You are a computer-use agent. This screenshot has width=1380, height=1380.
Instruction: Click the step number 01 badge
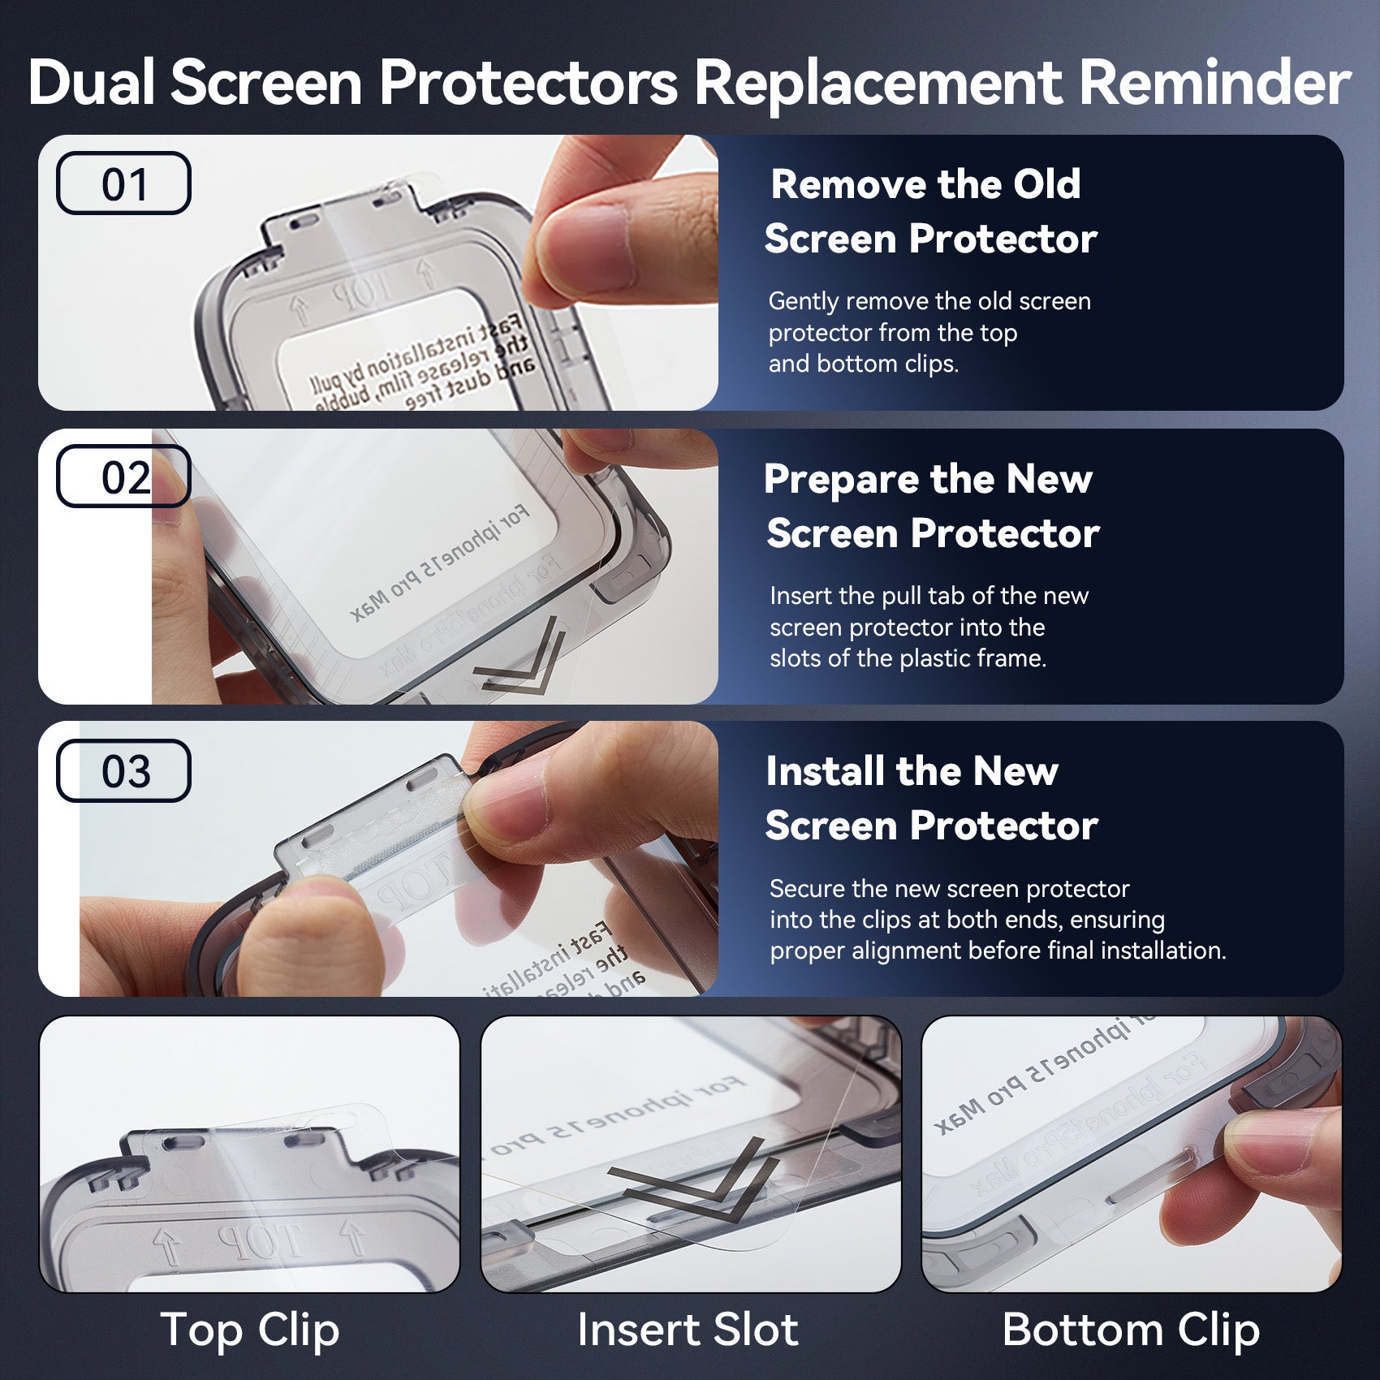[x=123, y=183]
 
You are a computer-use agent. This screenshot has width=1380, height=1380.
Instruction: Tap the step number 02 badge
[x=123, y=477]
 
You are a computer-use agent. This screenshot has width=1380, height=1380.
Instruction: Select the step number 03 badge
[x=123, y=770]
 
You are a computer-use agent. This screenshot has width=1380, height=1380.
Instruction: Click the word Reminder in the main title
[x=1214, y=83]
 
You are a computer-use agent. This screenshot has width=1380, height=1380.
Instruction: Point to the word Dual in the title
[x=91, y=83]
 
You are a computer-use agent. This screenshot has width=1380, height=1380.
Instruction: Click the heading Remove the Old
[x=925, y=184]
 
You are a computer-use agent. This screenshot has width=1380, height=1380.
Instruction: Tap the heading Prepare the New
[x=928, y=479]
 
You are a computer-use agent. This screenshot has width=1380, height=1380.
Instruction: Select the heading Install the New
[x=912, y=771]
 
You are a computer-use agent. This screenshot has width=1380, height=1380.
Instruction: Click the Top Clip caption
[x=249, y=1330]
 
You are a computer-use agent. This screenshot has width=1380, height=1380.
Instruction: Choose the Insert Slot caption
[x=688, y=1330]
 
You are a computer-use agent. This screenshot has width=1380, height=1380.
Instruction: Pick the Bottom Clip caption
[x=1131, y=1330]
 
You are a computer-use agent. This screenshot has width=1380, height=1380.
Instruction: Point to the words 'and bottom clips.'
[x=863, y=364]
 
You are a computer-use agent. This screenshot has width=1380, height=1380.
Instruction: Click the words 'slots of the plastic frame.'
[x=908, y=658]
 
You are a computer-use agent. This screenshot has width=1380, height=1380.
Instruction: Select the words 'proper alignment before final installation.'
[x=998, y=951]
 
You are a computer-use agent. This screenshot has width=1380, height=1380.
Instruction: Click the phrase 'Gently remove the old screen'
[x=929, y=301]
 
